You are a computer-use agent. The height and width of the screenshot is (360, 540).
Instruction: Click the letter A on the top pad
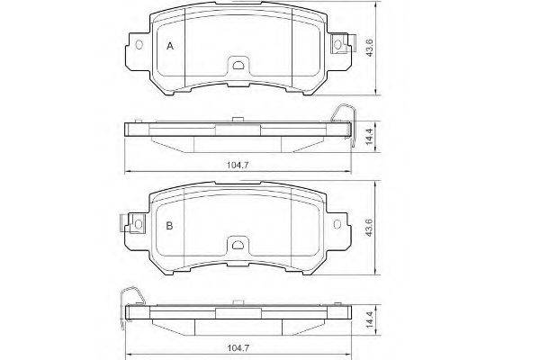[170, 46]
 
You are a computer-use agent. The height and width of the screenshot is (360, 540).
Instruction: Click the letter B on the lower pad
[169, 226]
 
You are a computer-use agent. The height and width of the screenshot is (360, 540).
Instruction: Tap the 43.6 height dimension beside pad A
[369, 48]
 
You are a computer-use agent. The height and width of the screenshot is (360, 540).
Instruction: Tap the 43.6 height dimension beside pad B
[369, 227]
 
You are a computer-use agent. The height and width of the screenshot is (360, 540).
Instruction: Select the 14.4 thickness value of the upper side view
[369, 137]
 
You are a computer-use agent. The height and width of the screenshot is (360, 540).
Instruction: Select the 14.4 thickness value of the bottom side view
[369, 319]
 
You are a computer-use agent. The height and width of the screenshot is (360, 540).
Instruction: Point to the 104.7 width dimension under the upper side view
[238, 165]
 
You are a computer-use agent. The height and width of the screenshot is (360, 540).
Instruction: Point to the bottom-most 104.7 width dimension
[238, 348]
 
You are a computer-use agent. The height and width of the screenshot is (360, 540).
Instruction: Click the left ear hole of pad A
[139, 45]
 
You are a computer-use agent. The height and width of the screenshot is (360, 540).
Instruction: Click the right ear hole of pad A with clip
[337, 44]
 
